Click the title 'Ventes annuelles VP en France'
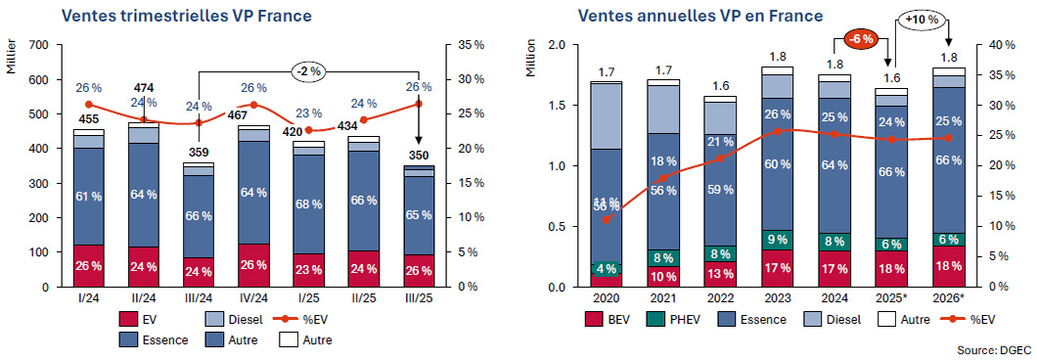(699, 16)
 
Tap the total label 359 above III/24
(200, 152)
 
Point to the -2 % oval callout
(310, 71)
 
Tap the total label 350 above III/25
(419, 155)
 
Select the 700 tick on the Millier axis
(40, 45)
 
